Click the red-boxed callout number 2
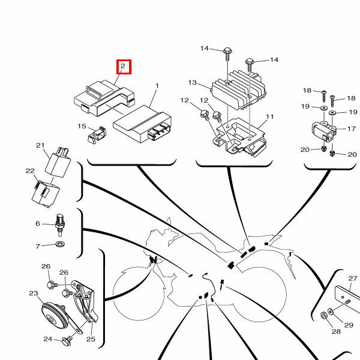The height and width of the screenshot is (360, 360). [123, 66]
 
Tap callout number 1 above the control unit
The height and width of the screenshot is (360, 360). [157, 86]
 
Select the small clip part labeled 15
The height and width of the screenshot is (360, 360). [97, 135]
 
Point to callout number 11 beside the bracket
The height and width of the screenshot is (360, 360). [270, 116]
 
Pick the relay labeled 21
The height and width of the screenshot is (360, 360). [58, 161]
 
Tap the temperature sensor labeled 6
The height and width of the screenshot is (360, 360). [60, 225]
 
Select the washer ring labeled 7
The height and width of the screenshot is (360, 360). [61, 244]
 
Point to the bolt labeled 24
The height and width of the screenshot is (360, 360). [67, 340]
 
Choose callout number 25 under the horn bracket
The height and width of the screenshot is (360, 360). [91, 339]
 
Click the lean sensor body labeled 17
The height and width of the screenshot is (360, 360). [324, 132]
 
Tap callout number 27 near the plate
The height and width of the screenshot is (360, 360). [353, 278]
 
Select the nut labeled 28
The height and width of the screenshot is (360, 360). [324, 316]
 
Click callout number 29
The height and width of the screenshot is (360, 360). [349, 325]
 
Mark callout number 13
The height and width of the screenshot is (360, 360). [193, 83]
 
